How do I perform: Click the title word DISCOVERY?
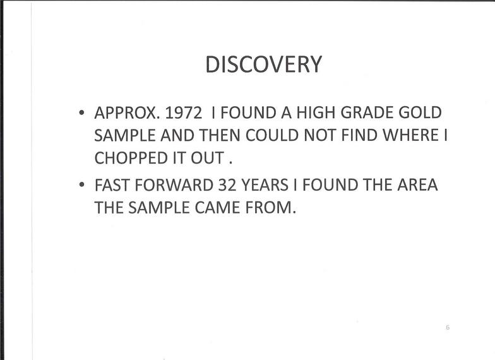click(x=264, y=64)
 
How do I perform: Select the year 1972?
click(x=183, y=112)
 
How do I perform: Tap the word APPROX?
click(x=127, y=112)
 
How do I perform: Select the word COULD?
click(x=271, y=135)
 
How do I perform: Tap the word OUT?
click(x=207, y=158)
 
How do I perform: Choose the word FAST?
click(x=112, y=185)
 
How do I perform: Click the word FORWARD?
click(x=174, y=185)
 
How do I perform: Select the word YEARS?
click(x=265, y=185)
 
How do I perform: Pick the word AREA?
click(x=418, y=185)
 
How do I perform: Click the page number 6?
click(x=448, y=327)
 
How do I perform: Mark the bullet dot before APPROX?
click(x=82, y=112)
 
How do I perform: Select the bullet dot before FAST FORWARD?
click(x=82, y=184)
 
